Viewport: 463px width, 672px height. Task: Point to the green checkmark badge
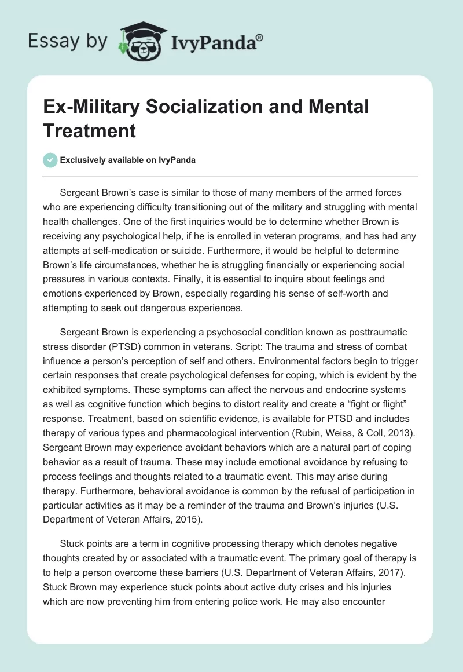coord(50,160)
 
